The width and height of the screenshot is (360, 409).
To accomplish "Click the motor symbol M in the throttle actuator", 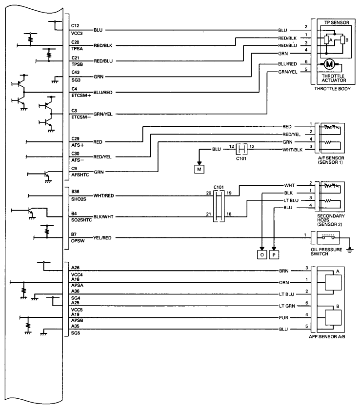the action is click(329, 64).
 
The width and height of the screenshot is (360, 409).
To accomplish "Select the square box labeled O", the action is click(262, 254).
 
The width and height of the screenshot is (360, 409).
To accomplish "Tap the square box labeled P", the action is click(274, 254).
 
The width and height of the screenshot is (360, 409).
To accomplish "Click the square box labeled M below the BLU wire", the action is click(199, 169).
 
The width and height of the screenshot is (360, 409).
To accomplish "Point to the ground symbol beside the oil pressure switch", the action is click(350, 250).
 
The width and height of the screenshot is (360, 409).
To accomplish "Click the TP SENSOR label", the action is click(337, 23).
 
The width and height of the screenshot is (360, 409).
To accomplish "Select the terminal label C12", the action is click(75, 25).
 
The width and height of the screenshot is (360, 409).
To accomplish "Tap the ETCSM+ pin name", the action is click(81, 96).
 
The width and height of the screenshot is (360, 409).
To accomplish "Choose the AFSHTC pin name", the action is click(80, 175).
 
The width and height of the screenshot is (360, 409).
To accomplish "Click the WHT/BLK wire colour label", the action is click(292, 150).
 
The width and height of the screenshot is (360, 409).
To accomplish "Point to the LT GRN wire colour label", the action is click(287, 306).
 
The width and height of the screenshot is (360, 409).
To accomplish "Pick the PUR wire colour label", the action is click(283, 318).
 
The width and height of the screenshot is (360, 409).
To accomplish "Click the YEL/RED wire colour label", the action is click(102, 238).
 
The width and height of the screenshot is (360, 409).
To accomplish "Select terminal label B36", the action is click(75, 192).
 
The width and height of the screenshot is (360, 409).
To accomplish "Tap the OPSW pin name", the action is click(78, 241).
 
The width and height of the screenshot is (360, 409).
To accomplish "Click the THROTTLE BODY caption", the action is click(332, 89).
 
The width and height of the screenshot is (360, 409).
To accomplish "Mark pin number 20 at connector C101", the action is click(209, 193).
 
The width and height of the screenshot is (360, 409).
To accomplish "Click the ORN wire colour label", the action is click(284, 282).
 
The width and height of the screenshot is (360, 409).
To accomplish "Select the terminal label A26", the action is click(75, 268).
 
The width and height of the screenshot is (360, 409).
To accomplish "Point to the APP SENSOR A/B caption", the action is click(327, 337).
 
